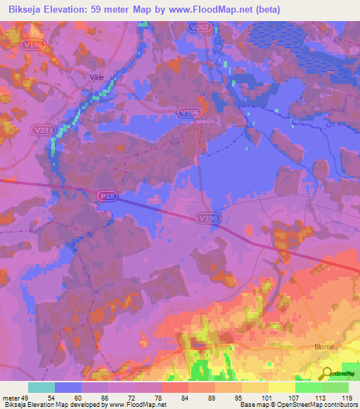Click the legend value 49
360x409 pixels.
coord(26,397)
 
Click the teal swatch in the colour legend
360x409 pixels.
coord(41,387)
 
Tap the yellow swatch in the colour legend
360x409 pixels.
coord(282,387)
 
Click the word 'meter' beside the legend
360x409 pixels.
coord(10,397)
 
